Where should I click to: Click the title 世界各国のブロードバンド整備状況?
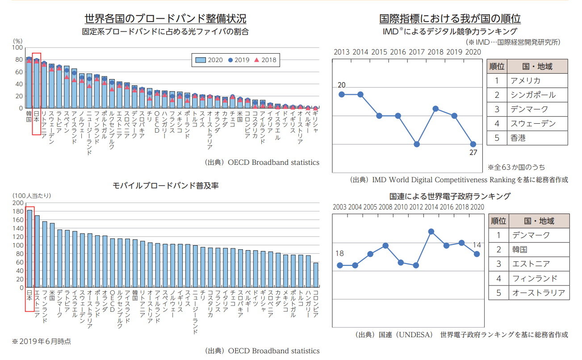(x=165, y=19)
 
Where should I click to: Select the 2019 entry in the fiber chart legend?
(x=238, y=60)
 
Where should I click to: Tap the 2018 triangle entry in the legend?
(x=265, y=60)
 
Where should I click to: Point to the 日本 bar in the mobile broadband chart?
(x=30, y=248)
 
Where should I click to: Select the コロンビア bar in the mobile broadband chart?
(x=316, y=275)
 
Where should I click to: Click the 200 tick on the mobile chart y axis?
(x=17, y=203)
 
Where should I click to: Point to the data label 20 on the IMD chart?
(x=342, y=85)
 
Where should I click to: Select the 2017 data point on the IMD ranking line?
(x=416, y=144)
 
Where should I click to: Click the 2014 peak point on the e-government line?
(x=431, y=231)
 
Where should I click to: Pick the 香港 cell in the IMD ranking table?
(x=518, y=138)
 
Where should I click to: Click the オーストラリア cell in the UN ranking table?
(x=538, y=293)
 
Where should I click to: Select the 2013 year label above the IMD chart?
(x=342, y=51)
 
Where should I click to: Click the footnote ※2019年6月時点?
(x=41, y=341)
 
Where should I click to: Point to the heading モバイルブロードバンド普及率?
(x=165, y=185)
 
